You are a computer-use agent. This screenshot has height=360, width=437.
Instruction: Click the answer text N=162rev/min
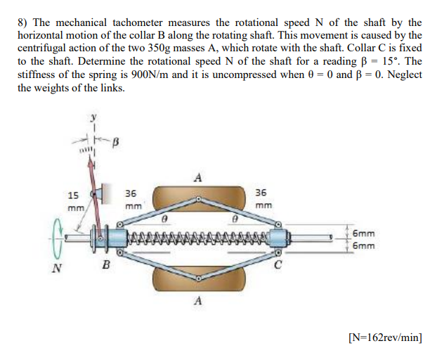click(x=385, y=337)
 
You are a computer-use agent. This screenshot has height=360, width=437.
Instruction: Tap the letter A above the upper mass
click(x=198, y=177)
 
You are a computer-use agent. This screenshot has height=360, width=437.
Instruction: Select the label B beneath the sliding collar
click(x=107, y=266)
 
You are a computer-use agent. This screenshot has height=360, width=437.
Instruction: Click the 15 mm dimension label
click(x=73, y=201)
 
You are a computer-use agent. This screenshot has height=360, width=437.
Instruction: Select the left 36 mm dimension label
click(x=131, y=200)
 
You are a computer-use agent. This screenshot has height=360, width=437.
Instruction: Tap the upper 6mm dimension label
click(x=363, y=232)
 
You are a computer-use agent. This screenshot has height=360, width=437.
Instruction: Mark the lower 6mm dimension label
click(x=363, y=246)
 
